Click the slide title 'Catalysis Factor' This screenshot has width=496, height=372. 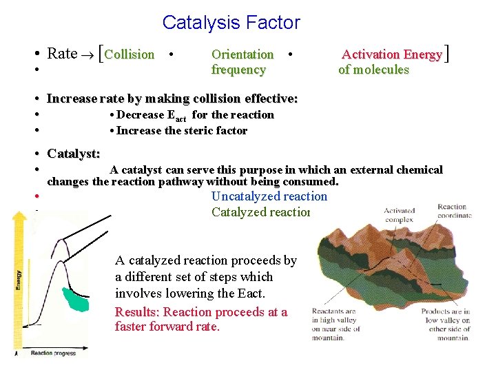click(x=231, y=23)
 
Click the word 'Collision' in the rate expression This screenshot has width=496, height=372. click(x=130, y=54)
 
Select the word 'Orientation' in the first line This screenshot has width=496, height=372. click(x=242, y=54)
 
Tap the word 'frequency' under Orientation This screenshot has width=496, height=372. click(x=238, y=70)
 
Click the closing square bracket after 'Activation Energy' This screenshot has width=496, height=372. click(x=448, y=53)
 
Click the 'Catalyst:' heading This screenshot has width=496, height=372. click(x=73, y=154)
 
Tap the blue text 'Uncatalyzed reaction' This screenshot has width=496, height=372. click(x=269, y=196)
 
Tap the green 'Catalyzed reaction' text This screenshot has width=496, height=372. click(x=262, y=212)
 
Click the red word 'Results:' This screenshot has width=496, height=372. click(x=138, y=312)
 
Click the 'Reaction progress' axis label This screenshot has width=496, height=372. click(x=54, y=353)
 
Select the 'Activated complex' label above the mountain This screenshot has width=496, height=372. click(x=399, y=215)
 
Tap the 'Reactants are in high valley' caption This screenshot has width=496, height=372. click(x=333, y=324)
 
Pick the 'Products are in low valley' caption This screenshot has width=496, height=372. click(x=445, y=324)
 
